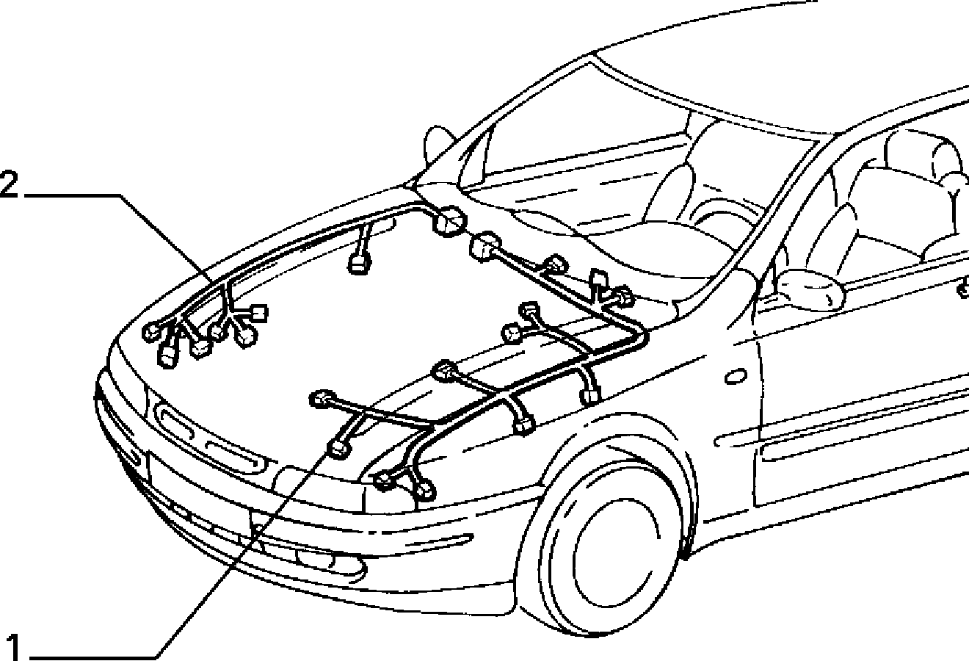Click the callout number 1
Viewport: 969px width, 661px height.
click(x=14, y=648)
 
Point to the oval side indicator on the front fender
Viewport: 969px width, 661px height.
click(x=736, y=376)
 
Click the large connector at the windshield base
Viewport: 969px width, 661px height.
click(x=450, y=221)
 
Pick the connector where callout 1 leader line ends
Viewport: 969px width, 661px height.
click(x=338, y=449)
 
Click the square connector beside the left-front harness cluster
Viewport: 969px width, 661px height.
click(x=258, y=314)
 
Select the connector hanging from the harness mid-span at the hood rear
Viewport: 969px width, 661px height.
click(x=359, y=263)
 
